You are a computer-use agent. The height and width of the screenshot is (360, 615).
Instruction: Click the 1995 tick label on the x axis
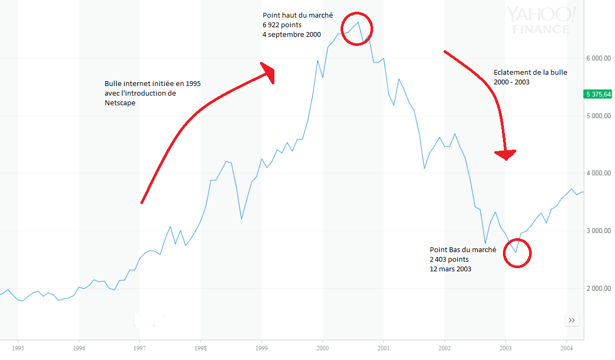18,348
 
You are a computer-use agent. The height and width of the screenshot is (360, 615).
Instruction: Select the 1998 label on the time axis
200,348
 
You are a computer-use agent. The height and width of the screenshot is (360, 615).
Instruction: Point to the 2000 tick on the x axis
322,348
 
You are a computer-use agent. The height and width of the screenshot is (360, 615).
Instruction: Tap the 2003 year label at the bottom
506,348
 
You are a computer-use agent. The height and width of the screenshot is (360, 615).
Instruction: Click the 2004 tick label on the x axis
566,348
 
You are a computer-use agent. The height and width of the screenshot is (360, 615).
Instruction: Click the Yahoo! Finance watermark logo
541,20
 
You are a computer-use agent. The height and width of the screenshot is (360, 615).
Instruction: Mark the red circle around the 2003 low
517,253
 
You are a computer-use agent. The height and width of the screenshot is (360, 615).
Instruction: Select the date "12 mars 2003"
451,269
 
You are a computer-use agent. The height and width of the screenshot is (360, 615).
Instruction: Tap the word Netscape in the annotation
120,103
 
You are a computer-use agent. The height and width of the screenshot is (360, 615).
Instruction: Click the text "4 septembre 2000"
291,35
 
